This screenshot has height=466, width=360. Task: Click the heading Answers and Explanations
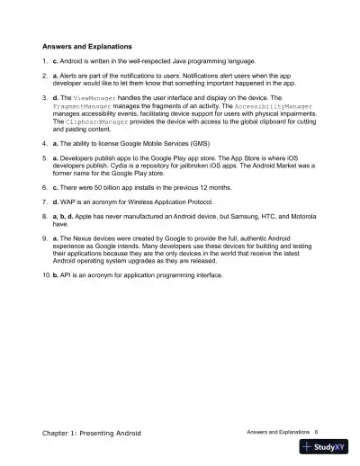pyautogui.click(x=87, y=44)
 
